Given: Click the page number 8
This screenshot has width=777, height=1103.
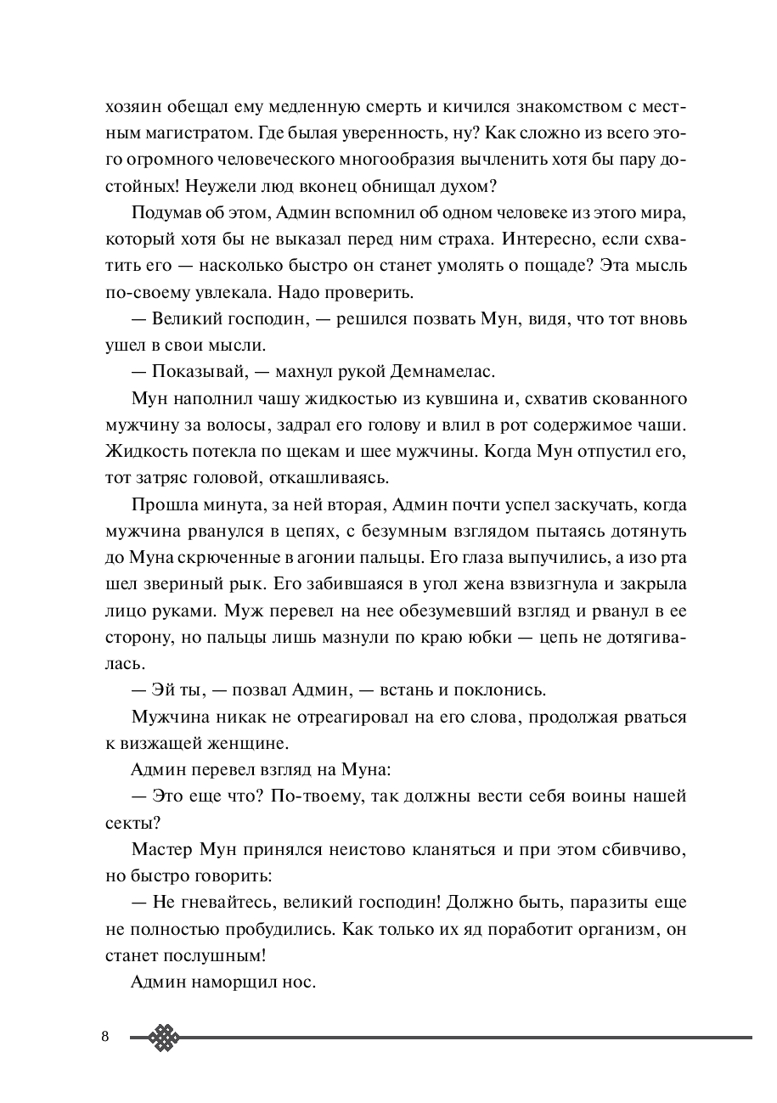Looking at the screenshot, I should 105,1037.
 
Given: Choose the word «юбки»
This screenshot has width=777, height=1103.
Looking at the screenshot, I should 487,637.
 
